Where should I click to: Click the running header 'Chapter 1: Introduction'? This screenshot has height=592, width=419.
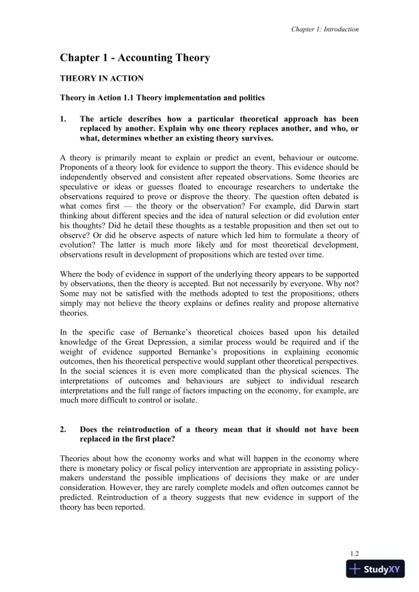[325, 29]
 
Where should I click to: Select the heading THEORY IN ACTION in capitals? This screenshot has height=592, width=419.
[99, 79]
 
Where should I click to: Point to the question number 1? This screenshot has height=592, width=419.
[63, 118]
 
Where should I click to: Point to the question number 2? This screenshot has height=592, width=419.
[63, 430]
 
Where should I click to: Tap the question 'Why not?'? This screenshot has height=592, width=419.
[343, 282]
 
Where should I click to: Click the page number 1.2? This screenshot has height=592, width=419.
[355, 552]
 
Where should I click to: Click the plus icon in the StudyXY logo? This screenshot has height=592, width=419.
[355, 568]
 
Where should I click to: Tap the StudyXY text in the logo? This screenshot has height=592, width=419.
[377, 568]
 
